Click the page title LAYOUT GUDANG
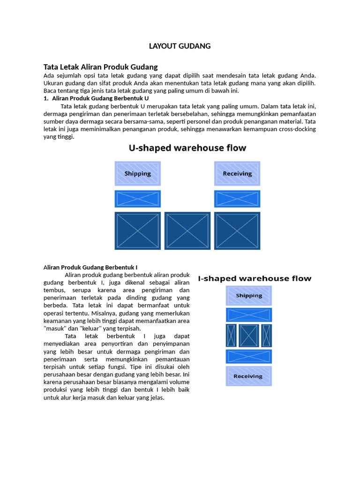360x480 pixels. [x=180, y=46]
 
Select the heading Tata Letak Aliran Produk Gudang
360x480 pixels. [x=100, y=67]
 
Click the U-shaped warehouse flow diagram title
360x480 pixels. [x=187, y=148]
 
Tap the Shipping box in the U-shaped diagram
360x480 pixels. [x=138, y=173]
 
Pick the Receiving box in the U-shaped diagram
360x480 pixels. [x=237, y=173]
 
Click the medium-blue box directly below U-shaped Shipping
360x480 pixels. [x=138, y=199]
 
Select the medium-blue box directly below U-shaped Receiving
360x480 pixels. [x=237, y=199]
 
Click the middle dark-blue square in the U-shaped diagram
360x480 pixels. [x=187, y=231]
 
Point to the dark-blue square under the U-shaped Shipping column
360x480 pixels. [x=138, y=231]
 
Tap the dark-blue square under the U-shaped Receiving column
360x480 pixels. [x=237, y=231]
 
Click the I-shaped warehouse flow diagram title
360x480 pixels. [x=255, y=278]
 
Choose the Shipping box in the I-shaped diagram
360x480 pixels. [x=249, y=296]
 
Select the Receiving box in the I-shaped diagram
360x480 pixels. [x=249, y=376]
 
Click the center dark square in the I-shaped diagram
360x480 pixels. [x=249, y=336]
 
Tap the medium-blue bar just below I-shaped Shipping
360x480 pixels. [x=249, y=315]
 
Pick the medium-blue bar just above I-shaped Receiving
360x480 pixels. [x=249, y=356]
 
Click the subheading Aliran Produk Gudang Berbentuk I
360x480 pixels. [x=90, y=267]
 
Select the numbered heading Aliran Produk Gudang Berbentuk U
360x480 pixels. [x=100, y=98]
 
